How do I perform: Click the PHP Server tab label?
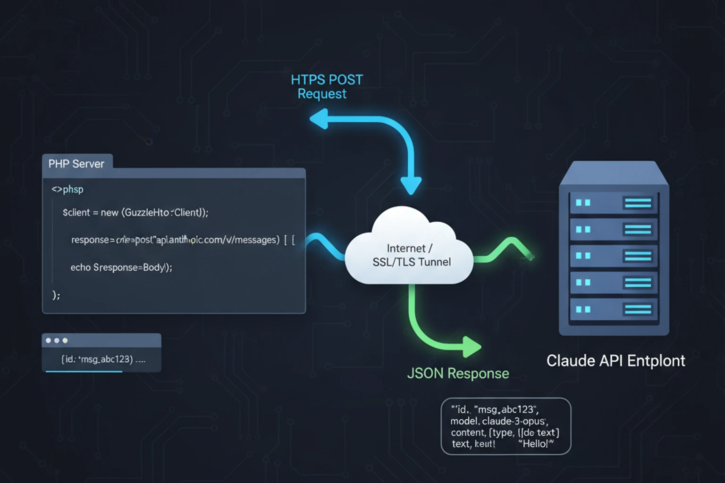(x=76, y=164)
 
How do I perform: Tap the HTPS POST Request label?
(x=326, y=86)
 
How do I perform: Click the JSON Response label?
(x=457, y=373)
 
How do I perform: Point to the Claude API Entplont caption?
(x=615, y=361)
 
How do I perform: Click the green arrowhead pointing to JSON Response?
(x=472, y=347)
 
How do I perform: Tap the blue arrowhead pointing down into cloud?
(x=411, y=185)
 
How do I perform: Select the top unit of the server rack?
(x=614, y=203)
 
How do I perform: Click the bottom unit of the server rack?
(x=614, y=309)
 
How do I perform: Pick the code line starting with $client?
(x=135, y=212)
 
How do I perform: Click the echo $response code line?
(x=121, y=267)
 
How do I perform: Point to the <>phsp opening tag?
(x=67, y=189)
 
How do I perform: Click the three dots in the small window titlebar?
(x=57, y=341)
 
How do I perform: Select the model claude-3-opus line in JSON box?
(x=498, y=421)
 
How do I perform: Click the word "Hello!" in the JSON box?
(x=535, y=443)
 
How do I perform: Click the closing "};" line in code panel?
(x=56, y=295)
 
